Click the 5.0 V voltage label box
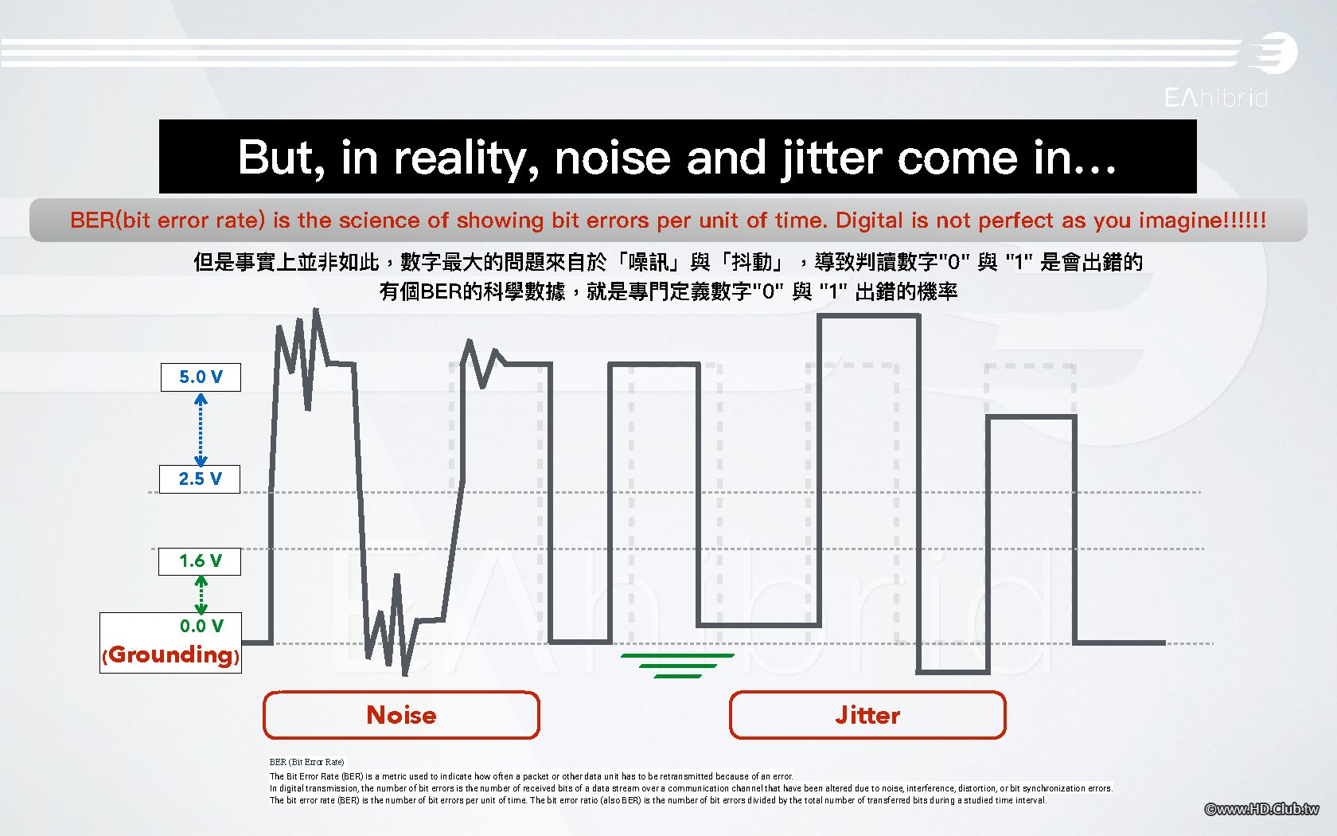(201, 377)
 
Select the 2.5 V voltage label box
(200, 479)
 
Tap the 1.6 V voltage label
(200, 561)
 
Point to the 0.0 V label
(202, 626)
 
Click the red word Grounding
(170, 655)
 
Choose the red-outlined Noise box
(401, 715)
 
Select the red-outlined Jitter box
(867, 715)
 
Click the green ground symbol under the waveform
(677, 666)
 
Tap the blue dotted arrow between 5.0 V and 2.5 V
(201, 429)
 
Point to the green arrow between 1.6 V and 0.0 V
(201, 595)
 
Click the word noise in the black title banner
(613, 159)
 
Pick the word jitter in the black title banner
(832, 159)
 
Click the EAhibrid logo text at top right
(1216, 97)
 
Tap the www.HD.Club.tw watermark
(1261, 809)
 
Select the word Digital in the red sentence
(869, 221)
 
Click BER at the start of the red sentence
(92, 221)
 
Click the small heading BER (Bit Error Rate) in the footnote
(307, 762)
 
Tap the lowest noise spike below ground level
(405, 674)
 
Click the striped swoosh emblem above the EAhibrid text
(1273, 53)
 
